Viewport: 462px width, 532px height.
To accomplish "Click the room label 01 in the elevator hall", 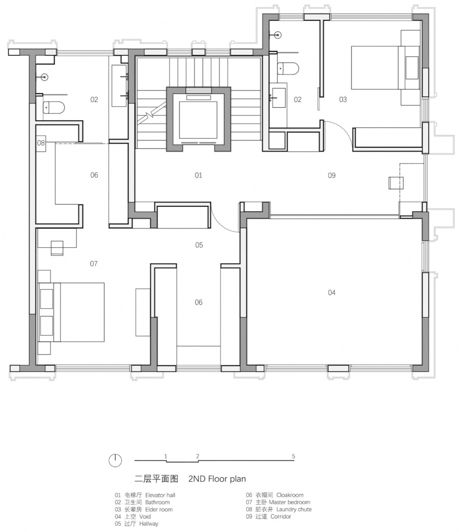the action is tap(198, 175).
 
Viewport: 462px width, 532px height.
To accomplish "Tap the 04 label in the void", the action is tap(332, 292).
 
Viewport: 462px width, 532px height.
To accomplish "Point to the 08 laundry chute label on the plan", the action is tap(41, 143).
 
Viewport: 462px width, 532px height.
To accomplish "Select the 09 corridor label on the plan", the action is tap(332, 175).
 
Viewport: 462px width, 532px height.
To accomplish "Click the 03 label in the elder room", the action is tap(343, 100).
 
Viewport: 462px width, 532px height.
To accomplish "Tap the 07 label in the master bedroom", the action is tap(94, 264).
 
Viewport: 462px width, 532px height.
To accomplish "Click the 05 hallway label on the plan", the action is tap(199, 245).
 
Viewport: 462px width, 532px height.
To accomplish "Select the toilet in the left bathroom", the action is tap(53, 108).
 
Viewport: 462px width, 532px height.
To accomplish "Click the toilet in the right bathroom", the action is tap(288, 68).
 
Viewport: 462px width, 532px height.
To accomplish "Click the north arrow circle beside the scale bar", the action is tap(115, 460).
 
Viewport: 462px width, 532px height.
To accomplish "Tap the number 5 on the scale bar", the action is tap(294, 456).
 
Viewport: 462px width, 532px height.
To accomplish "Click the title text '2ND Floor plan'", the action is tap(217, 479).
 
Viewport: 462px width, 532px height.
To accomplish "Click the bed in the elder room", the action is tap(385, 68).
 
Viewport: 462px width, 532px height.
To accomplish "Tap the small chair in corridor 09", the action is tap(396, 183).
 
